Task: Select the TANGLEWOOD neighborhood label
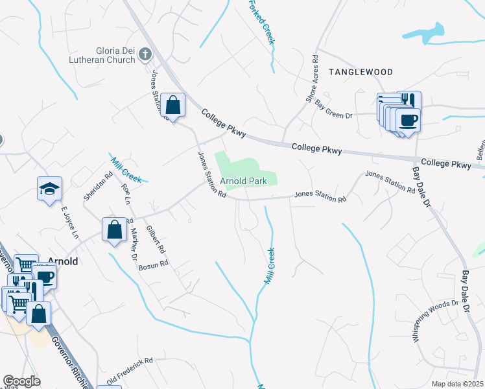click(361, 71)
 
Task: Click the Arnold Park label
click(243, 180)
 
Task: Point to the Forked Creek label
click(262, 22)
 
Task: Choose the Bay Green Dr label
click(333, 108)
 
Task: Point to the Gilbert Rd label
click(156, 239)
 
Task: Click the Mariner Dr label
click(134, 246)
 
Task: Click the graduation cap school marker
click(49, 189)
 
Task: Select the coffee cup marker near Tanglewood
click(408, 120)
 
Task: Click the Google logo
click(21, 382)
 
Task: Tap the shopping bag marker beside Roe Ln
click(114, 230)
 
